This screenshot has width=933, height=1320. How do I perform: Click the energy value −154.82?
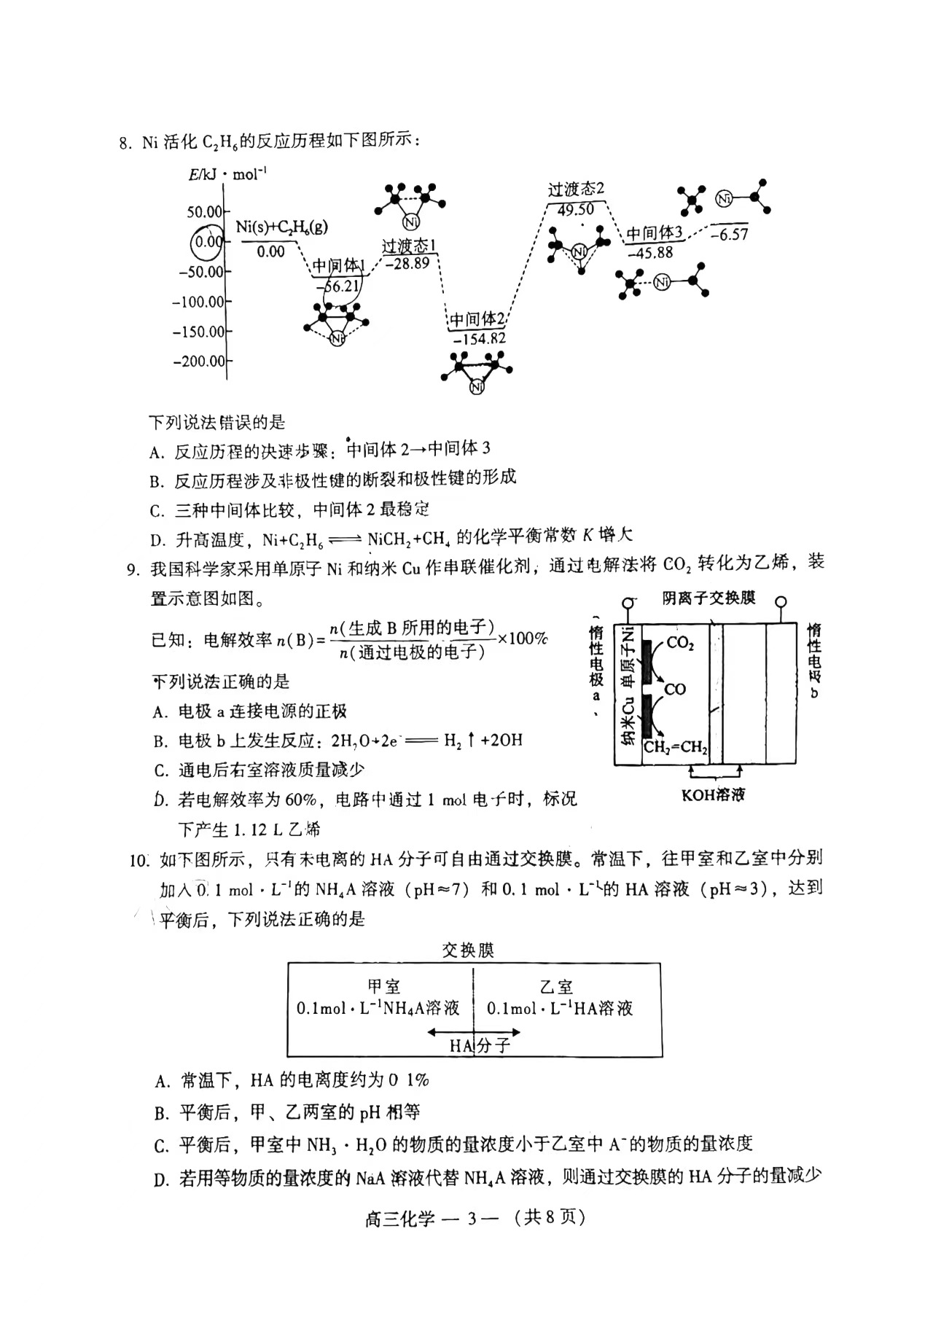pos(479,339)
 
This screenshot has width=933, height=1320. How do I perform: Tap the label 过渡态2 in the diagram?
pos(576,190)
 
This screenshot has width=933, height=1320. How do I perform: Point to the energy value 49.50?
pos(575,209)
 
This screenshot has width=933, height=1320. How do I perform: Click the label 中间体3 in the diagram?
pos(654,233)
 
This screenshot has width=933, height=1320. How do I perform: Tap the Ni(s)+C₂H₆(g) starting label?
pos(281,227)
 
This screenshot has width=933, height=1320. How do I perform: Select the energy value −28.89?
pos(407,263)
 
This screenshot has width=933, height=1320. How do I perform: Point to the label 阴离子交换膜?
pos(708,598)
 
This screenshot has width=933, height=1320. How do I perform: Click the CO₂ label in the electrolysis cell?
pos(680,644)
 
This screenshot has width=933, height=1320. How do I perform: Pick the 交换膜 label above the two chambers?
pos(468,951)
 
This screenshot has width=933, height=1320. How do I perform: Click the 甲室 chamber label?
pos(383,988)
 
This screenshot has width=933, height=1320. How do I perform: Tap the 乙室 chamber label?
pos(557,988)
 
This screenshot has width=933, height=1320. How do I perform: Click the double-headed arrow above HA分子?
pos(474,1032)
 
